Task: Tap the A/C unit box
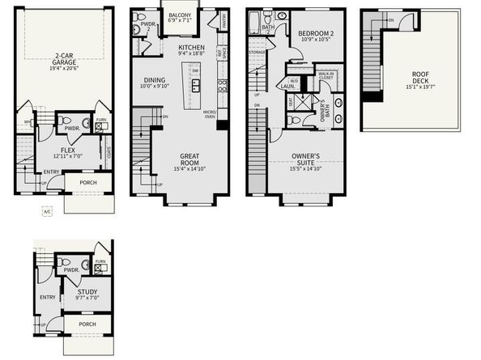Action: (46, 210)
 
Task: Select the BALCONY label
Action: (180, 15)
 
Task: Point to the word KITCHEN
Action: (193, 48)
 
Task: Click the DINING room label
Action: (154, 80)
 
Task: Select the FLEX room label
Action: (63, 150)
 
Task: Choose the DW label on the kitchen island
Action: (195, 70)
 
